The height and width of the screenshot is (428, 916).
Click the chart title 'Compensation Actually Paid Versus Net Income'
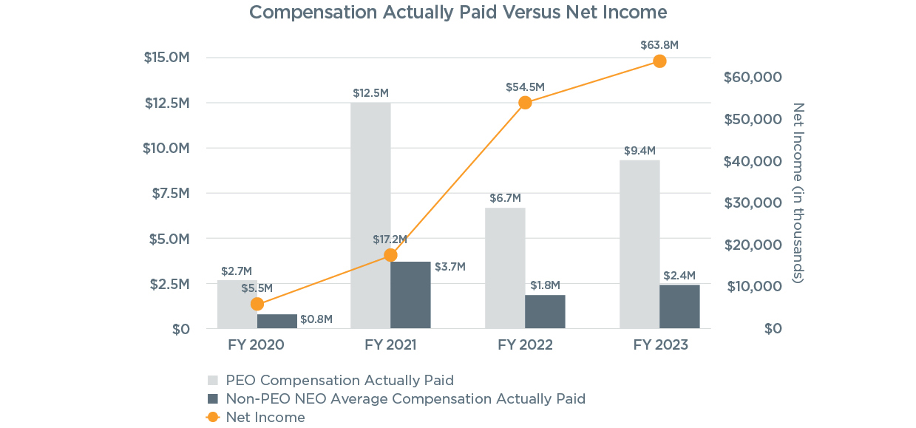458,13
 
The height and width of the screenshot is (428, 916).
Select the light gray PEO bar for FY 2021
370,215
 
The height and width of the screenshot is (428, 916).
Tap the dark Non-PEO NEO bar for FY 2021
410,295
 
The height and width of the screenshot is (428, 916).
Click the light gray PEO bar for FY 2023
639,244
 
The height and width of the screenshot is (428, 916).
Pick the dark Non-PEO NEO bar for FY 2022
545,311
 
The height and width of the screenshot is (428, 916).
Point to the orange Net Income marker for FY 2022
525,103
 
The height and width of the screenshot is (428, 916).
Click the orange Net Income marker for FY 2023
659,61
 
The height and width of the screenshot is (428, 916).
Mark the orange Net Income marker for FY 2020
257,304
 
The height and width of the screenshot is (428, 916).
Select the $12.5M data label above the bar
370,93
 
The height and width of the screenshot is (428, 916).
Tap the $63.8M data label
659,45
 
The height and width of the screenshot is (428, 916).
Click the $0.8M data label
316,319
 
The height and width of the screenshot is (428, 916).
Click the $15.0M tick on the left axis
166,58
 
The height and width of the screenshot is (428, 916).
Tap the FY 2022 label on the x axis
525,345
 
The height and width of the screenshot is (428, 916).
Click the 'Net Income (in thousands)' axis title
798,193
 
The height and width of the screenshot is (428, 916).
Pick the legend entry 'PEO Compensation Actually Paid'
339,381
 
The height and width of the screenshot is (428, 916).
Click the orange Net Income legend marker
213,418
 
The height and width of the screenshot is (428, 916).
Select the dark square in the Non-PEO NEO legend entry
213,399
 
